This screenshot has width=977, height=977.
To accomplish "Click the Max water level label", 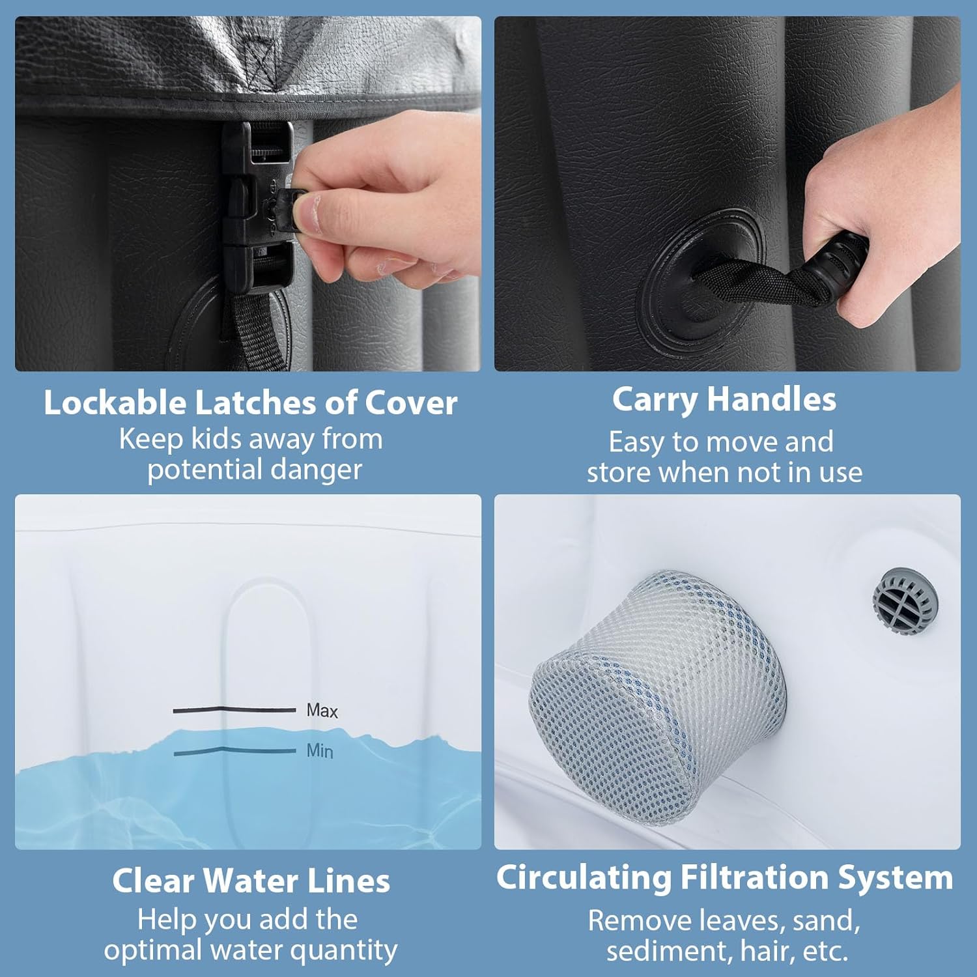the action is (322, 711).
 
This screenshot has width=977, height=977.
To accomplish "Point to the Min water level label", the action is (320, 751).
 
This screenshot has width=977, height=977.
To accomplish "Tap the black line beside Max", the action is (234, 709).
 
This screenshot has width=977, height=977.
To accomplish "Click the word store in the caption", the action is (619, 473).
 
